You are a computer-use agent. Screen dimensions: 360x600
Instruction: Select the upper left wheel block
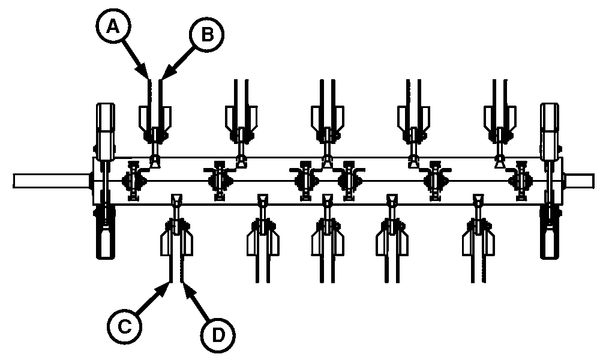tap(104, 126)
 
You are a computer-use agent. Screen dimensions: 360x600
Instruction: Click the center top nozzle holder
tap(327, 120)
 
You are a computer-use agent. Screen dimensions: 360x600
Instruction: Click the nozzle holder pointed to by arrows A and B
tap(155, 120)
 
